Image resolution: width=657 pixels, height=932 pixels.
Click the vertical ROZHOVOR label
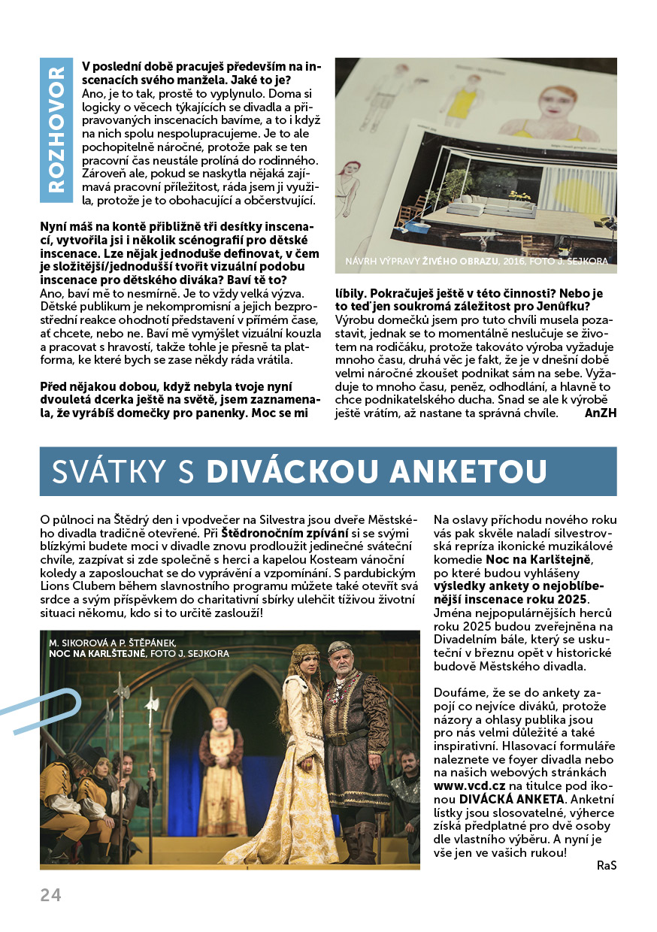[56, 131]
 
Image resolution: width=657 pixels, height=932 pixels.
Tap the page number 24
[51, 894]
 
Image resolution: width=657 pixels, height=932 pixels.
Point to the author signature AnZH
[600, 413]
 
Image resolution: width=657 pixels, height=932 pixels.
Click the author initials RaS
[606, 865]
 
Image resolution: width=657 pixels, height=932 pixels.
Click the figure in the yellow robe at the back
[220, 759]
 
